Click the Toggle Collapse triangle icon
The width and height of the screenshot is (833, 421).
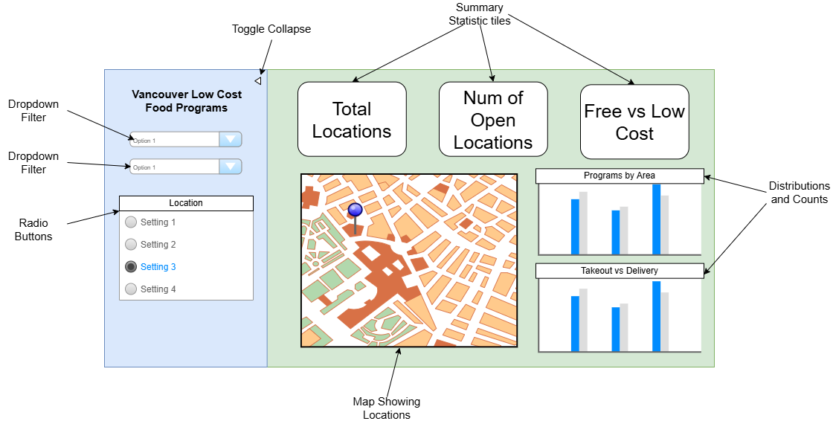tap(257, 80)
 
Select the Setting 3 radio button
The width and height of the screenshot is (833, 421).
tap(131, 267)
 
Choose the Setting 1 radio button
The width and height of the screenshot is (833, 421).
tap(131, 222)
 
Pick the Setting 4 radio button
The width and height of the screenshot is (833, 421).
tap(131, 289)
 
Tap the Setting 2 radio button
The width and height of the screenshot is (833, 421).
tap(131, 245)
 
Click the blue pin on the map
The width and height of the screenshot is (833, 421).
tap(355, 211)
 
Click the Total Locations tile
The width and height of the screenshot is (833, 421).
tap(352, 120)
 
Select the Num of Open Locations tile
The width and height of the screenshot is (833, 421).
tap(493, 120)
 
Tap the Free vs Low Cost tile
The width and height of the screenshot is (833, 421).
tap(634, 122)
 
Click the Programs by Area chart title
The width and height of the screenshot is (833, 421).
tap(620, 176)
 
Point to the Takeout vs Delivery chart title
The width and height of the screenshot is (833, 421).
tap(620, 271)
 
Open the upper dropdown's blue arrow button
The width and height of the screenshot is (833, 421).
tap(231, 140)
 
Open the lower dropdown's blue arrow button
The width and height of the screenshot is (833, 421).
tap(231, 167)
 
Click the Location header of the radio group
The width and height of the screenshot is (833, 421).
tap(186, 203)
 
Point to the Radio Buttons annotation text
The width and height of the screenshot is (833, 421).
tap(33, 229)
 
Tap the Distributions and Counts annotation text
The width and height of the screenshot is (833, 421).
tap(799, 193)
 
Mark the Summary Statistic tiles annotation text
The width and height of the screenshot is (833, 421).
tap(480, 14)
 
